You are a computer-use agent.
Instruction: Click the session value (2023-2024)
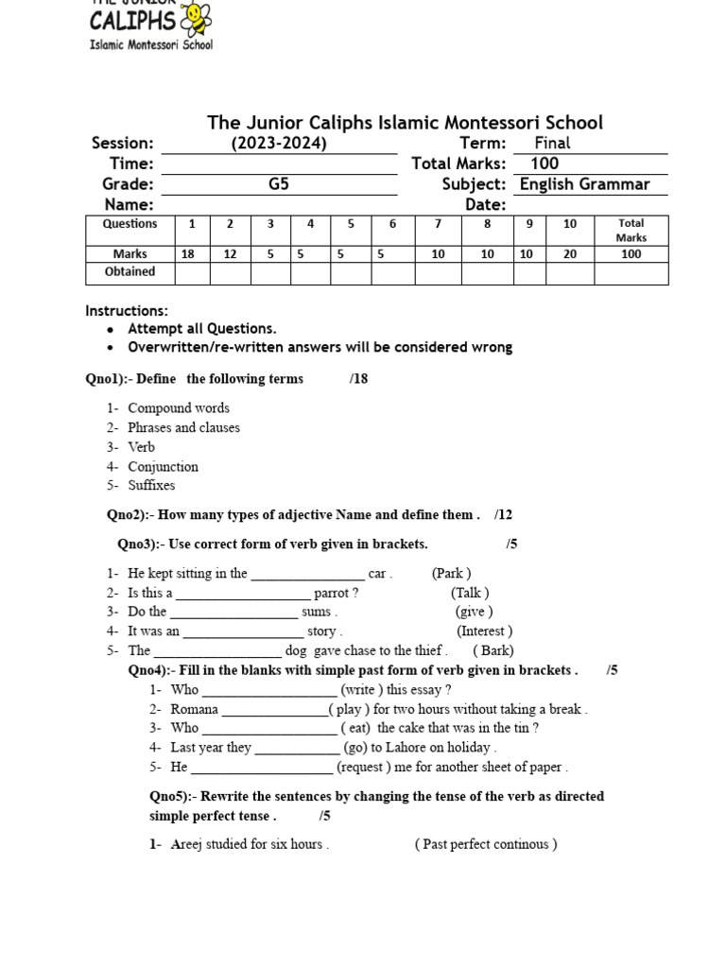tap(279, 144)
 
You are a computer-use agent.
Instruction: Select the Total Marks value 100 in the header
tap(544, 164)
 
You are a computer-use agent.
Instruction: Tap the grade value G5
tap(279, 184)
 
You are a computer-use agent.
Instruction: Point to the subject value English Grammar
tap(584, 184)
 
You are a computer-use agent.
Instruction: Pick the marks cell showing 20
tap(569, 253)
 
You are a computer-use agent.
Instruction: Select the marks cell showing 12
tap(230, 253)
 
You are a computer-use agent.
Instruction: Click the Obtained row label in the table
tap(130, 272)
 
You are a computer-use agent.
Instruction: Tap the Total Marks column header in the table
tap(631, 231)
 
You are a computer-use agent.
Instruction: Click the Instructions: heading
tap(127, 311)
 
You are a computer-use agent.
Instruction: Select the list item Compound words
tap(179, 408)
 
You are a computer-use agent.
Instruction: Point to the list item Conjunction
tap(163, 467)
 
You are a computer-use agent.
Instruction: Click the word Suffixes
tap(151, 486)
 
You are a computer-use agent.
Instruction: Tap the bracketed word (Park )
tap(451, 573)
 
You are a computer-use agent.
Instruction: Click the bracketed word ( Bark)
tap(493, 650)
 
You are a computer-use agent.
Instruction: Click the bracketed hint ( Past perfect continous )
tap(485, 844)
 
